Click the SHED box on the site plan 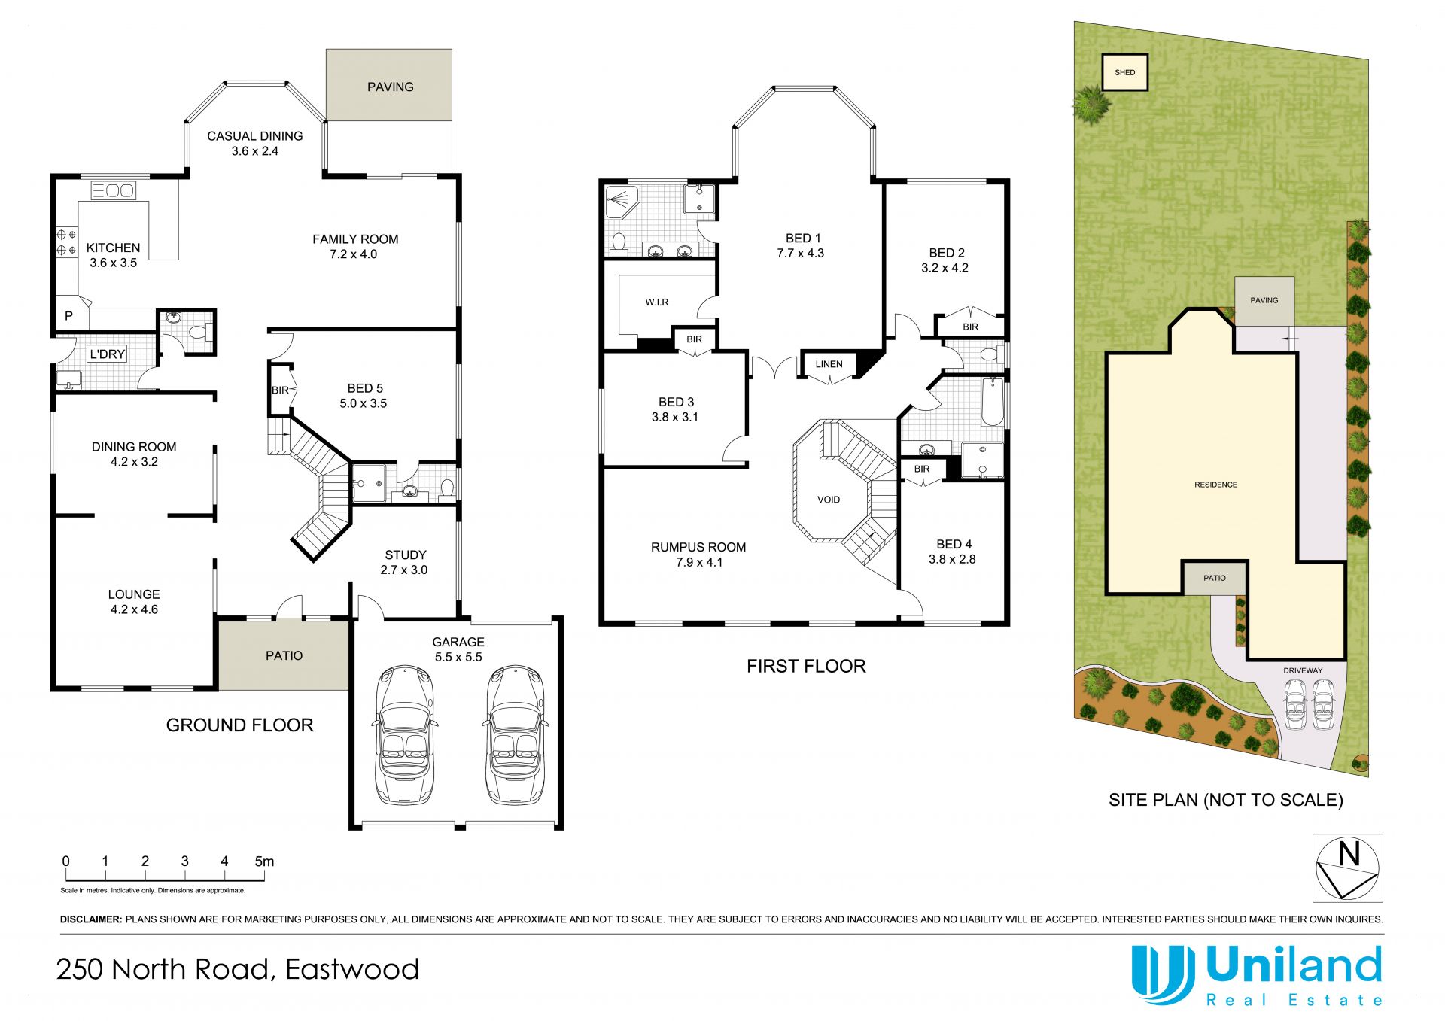1125,72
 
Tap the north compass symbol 1347,868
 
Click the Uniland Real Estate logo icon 1164,974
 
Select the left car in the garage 404,734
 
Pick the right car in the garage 515,734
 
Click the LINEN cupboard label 829,364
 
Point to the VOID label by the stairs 829,500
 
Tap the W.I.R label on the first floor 657,302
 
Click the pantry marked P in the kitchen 68,316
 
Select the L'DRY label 108,354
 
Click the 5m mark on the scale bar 264,861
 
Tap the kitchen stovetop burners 66,242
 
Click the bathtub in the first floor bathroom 993,402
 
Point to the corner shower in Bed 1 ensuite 623,202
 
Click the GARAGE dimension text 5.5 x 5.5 458,657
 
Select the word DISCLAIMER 91,919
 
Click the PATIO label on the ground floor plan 284,656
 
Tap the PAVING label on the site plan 1264,300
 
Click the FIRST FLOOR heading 806,666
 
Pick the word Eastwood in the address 352,969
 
